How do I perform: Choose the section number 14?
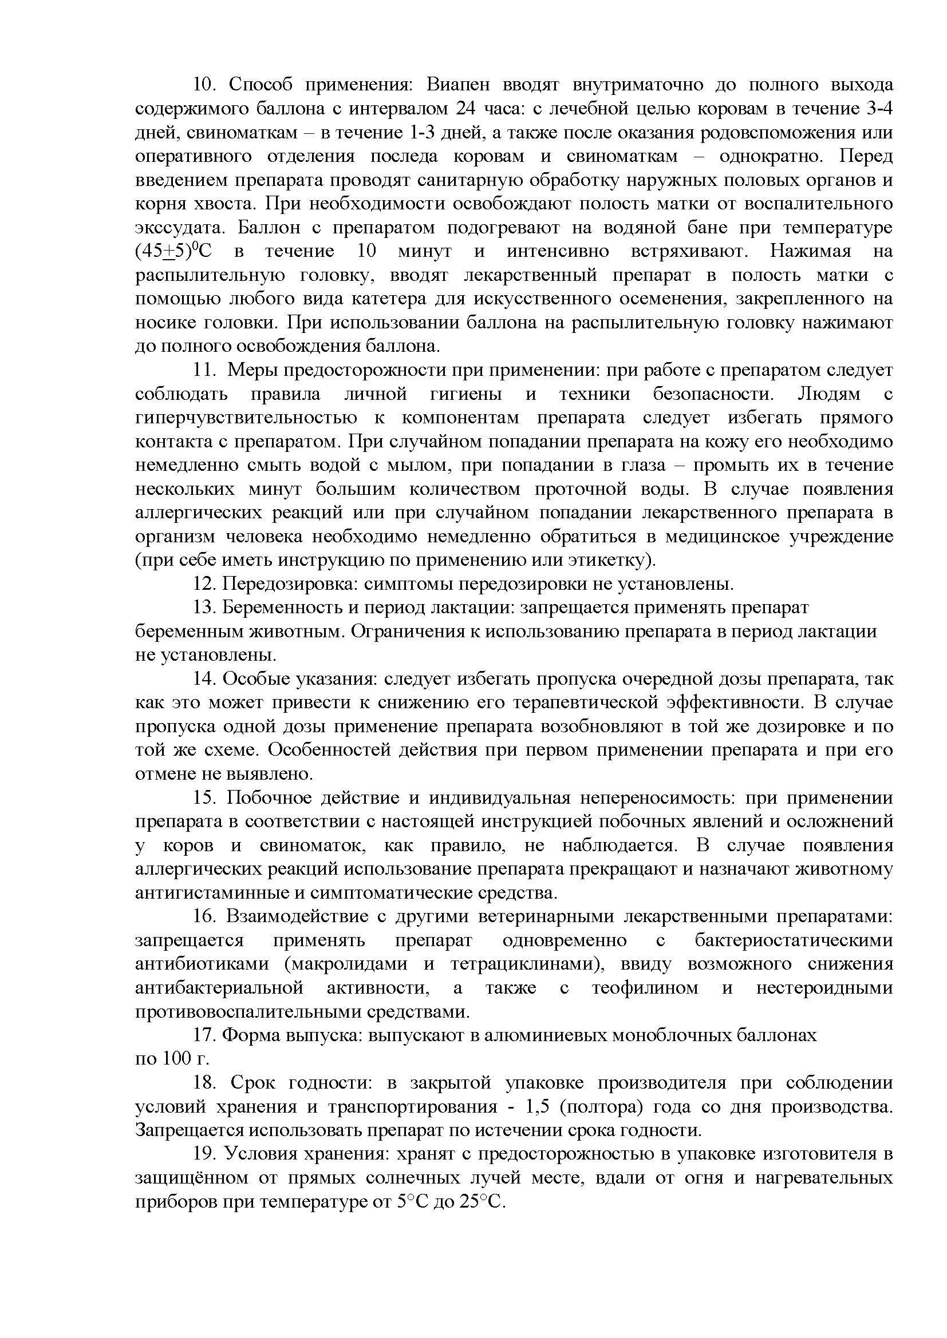(x=204, y=680)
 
